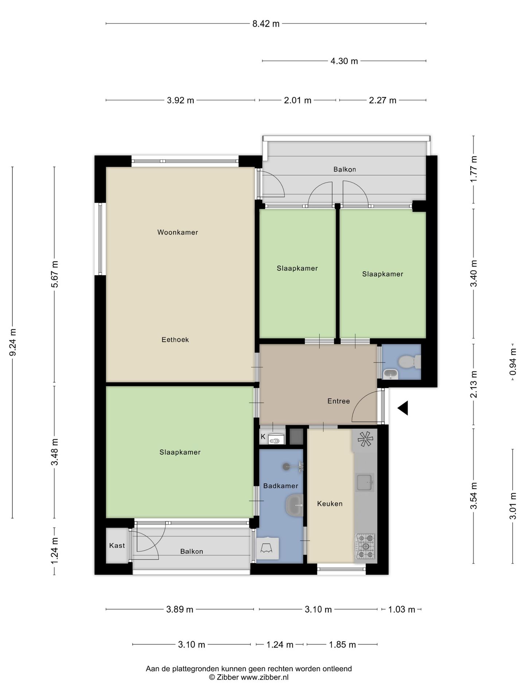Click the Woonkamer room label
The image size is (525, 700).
pyautogui.click(x=178, y=232)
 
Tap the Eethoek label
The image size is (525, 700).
pyautogui.click(x=175, y=340)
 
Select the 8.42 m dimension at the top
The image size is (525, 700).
pyautogui.click(x=266, y=24)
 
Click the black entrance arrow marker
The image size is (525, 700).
pyautogui.click(x=403, y=408)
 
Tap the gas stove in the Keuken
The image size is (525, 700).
pyautogui.click(x=365, y=546)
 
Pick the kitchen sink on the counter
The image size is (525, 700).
pyautogui.click(x=365, y=482)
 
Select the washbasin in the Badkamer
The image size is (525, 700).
pyautogui.click(x=294, y=505)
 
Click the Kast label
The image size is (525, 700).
pyautogui.click(x=117, y=545)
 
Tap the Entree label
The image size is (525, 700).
pyautogui.click(x=339, y=401)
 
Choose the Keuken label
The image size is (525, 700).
pyautogui.click(x=330, y=503)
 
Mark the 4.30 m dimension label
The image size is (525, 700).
pyautogui.click(x=344, y=61)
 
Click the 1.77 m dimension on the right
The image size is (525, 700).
pyautogui.click(x=474, y=170)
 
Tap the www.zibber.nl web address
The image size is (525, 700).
pyautogui.click(x=265, y=677)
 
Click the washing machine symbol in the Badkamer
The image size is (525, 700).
pyautogui.click(x=268, y=548)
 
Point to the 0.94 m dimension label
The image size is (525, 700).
pyautogui.click(x=513, y=362)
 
